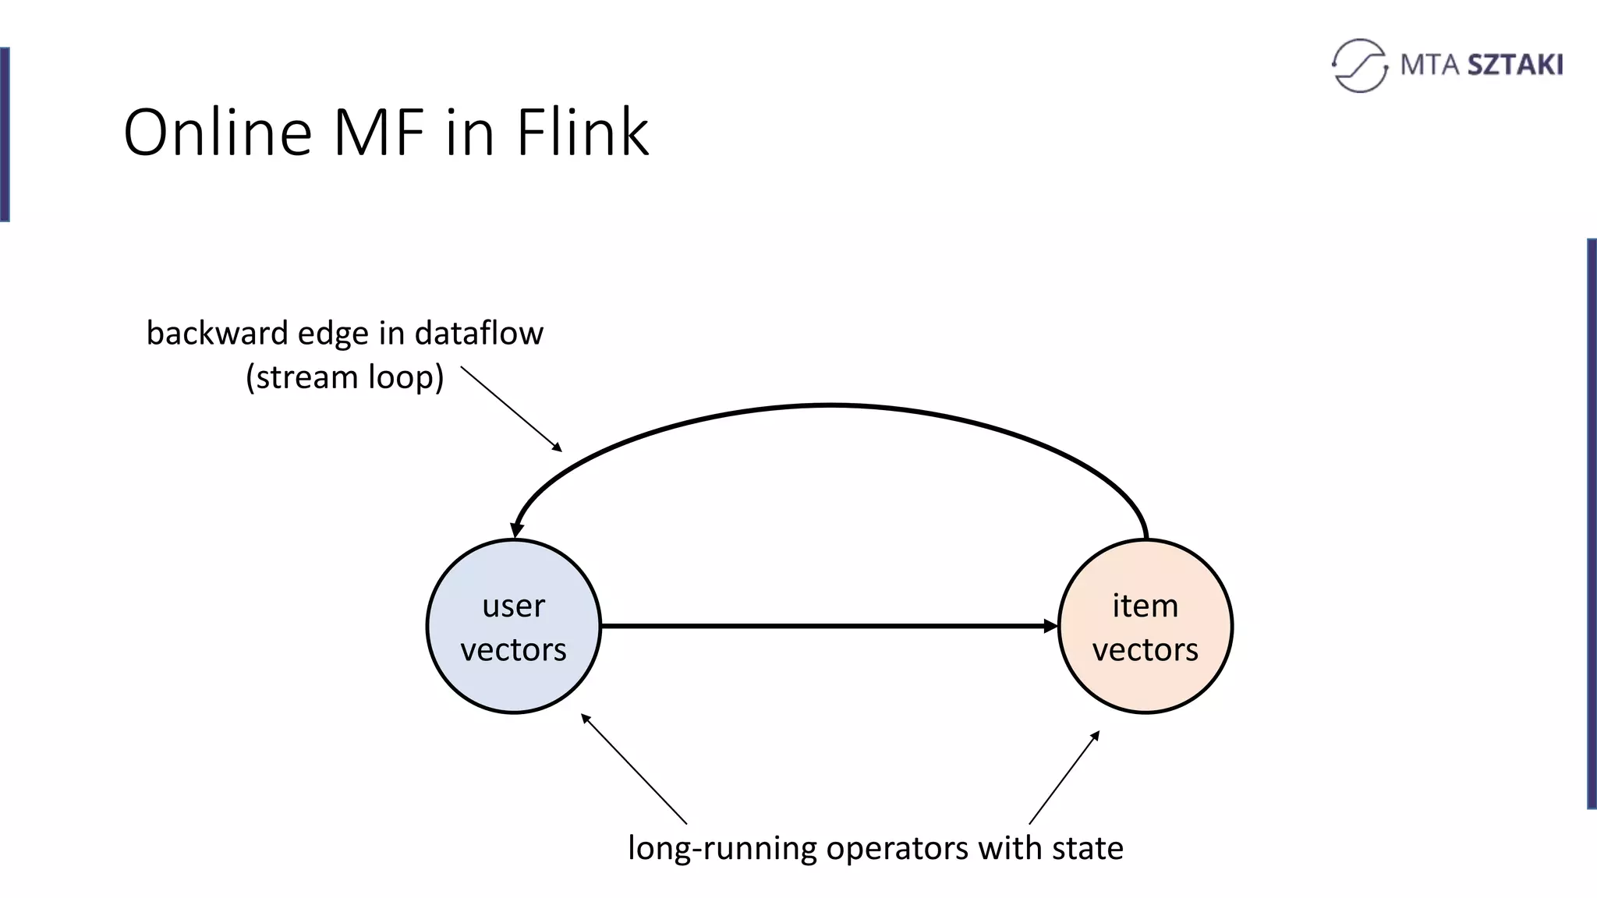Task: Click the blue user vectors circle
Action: pyautogui.click(x=514, y=626)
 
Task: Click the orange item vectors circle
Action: pyautogui.click(x=1145, y=626)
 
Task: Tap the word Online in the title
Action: pyautogui.click(x=218, y=132)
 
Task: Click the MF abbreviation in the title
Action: pyautogui.click(x=379, y=132)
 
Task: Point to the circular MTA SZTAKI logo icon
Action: pyautogui.click(x=1360, y=65)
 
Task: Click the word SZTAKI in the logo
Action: pyautogui.click(x=1515, y=65)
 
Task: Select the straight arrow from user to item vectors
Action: pyautogui.click(x=827, y=626)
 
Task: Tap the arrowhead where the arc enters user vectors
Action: pyautogui.click(x=516, y=529)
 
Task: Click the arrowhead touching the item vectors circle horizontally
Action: pyautogui.click(x=1050, y=626)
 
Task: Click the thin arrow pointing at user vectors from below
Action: pyautogui.click(x=633, y=769)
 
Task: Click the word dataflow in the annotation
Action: pyautogui.click(x=479, y=334)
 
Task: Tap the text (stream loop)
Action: pyautogui.click(x=345, y=377)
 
